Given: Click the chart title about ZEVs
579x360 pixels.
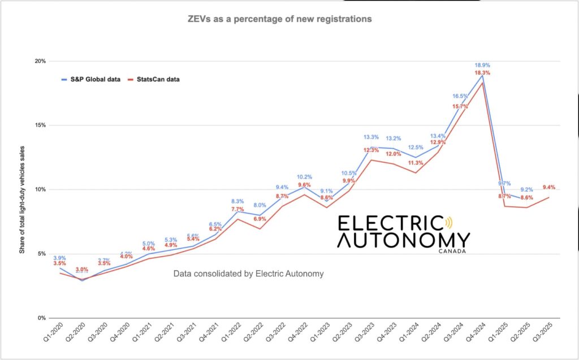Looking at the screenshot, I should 279,19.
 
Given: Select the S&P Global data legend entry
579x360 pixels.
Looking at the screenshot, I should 91,79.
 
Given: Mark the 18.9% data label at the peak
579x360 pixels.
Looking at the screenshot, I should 482,65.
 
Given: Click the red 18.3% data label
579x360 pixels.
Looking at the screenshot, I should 482,73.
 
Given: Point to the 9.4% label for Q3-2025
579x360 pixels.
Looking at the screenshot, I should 549,187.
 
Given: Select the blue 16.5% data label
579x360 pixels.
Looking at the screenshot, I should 460,96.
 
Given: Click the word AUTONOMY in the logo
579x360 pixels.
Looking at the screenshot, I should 403,240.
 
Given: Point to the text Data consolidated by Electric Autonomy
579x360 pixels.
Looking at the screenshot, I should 248,274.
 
